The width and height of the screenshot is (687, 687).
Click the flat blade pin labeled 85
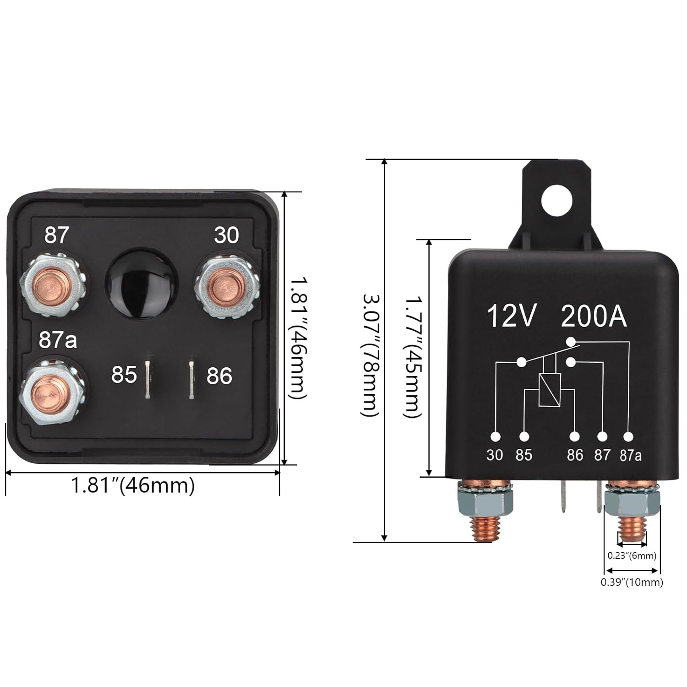pos(148,379)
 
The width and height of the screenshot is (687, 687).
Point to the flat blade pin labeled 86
pos(192,379)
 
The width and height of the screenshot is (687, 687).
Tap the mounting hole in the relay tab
pos(556,200)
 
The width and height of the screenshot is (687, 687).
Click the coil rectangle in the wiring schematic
pos(550,390)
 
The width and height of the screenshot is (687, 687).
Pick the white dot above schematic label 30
pos(495,436)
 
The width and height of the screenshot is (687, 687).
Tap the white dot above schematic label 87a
pos(629,436)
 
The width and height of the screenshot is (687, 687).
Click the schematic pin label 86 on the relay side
pos(575,455)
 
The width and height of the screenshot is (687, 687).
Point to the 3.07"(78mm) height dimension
pos(370,355)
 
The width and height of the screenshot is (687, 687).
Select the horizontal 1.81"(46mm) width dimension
pos(133,485)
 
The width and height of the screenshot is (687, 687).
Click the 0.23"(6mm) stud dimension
pos(632,556)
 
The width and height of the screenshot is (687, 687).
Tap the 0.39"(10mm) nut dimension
pos(632,582)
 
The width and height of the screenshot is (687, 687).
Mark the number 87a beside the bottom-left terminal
pos(58,340)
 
